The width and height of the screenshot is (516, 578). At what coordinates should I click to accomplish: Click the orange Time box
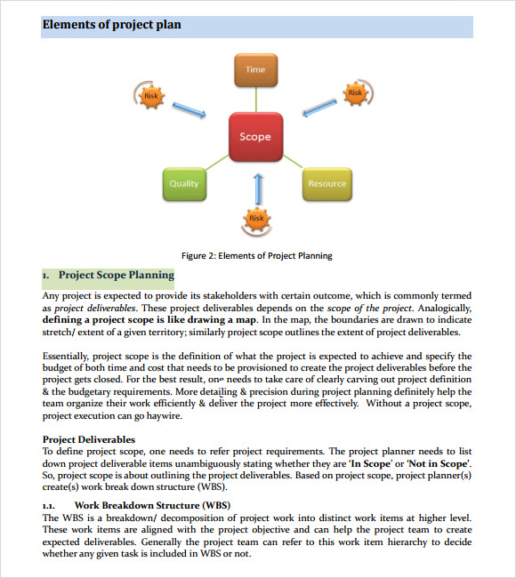point(255,68)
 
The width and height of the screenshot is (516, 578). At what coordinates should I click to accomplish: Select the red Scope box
point(255,137)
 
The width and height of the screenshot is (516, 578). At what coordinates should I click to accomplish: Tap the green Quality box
point(184,183)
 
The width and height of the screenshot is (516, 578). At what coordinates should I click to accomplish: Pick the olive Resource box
point(327,183)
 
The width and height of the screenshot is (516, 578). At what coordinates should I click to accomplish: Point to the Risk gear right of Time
point(355,92)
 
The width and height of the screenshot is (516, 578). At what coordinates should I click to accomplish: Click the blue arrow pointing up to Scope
point(258,188)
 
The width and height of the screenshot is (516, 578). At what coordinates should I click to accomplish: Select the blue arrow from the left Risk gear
point(188,109)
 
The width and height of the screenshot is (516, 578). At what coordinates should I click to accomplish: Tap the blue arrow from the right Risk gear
point(318,107)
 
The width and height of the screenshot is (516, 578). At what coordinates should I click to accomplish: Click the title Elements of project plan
point(111,25)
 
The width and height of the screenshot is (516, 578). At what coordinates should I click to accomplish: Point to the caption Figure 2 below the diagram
point(256,255)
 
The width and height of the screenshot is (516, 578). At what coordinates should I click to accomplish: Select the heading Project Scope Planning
point(116,276)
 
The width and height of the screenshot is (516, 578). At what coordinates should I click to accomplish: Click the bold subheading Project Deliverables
point(89,439)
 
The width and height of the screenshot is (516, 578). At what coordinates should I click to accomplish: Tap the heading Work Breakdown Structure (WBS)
point(151,506)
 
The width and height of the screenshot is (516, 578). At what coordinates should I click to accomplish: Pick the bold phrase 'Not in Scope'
point(437,463)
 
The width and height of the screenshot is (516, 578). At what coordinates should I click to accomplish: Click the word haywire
point(164,415)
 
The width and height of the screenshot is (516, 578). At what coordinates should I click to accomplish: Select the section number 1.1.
point(49,506)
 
